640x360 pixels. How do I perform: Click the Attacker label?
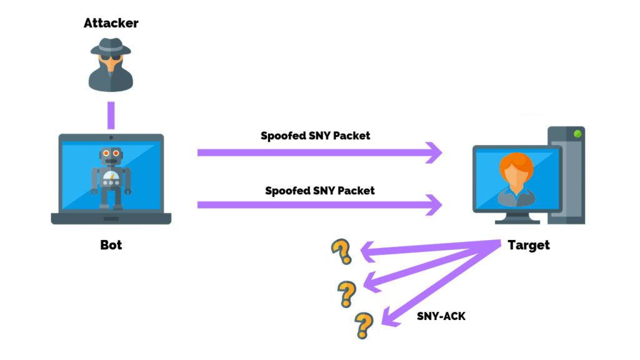(x=111, y=24)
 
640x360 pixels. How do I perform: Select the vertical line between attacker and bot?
(x=111, y=114)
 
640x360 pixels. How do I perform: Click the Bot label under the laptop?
(x=111, y=245)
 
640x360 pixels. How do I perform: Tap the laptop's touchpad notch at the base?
(x=111, y=219)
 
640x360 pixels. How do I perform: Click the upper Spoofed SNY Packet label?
(x=316, y=136)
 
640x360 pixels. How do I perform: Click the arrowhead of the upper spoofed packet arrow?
(x=434, y=152)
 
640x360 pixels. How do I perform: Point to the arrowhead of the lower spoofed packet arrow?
(x=434, y=204)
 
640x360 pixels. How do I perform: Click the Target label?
(x=529, y=245)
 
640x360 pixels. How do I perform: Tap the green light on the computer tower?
(x=577, y=134)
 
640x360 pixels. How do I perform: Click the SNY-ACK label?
(x=441, y=316)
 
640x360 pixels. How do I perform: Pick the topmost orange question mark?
(x=341, y=251)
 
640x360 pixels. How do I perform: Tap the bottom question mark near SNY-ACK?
(x=362, y=324)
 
